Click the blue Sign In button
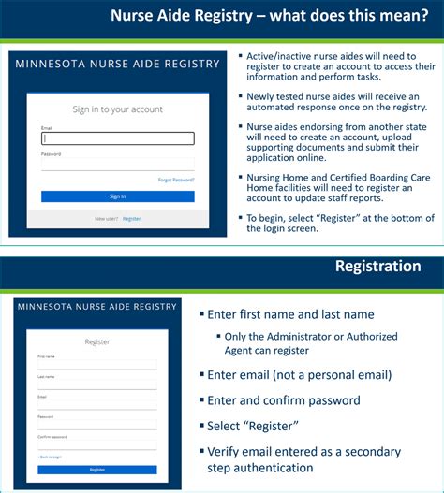pyautogui.click(x=117, y=196)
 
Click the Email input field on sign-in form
pyautogui.click(x=117, y=138)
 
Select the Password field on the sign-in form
pyautogui.click(x=117, y=164)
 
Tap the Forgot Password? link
pyautogui.click(x=176, y=179)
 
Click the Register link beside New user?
pyautogui.click(x=131, y=218)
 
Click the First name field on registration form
pyautogui.click(x=96, y=365)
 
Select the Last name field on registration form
pyautogui.click(x=96, y=384)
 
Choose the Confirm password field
pyautogui.click(x=96, y=444)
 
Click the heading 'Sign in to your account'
pyautogui.click(x=117, y=109)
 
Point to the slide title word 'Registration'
pyautogui.click(x=377, y=267)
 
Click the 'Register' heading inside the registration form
pyautogui.click(x=96, y=341)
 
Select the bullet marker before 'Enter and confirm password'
pyautogui.click(x=200, y=400)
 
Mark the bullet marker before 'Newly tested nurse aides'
pyautogui.click(x=239, y=96)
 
